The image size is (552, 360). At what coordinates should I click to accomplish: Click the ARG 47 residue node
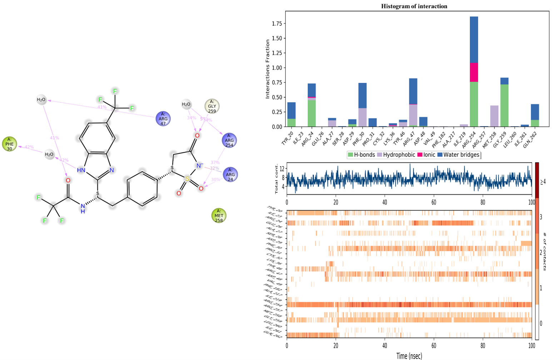(x=163, y=119)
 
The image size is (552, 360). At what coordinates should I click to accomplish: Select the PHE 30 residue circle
(x=9, y=144)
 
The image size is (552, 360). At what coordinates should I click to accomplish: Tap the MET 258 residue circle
(x=219, y=216)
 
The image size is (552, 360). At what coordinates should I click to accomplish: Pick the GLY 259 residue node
(x=212, y=106)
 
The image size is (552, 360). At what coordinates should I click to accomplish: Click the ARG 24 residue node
(x=230, y=174)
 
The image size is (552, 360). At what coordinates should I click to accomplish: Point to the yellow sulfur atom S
(x=187, y=178)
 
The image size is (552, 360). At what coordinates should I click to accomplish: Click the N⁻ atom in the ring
(x=199, y=166)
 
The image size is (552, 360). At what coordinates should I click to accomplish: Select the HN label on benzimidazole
(x=81, y=170)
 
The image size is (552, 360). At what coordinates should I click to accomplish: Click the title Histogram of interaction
(x=414, y=6)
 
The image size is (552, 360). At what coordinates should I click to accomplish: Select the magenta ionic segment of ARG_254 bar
(x=474, y=72)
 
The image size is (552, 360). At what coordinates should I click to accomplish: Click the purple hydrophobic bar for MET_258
(x=494, y=116)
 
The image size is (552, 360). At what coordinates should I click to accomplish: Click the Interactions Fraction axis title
(x=268, y=69)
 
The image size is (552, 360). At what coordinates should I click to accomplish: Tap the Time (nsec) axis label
(x=409, y=356)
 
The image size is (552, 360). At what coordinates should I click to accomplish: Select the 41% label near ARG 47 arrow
(x=102, y=107)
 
